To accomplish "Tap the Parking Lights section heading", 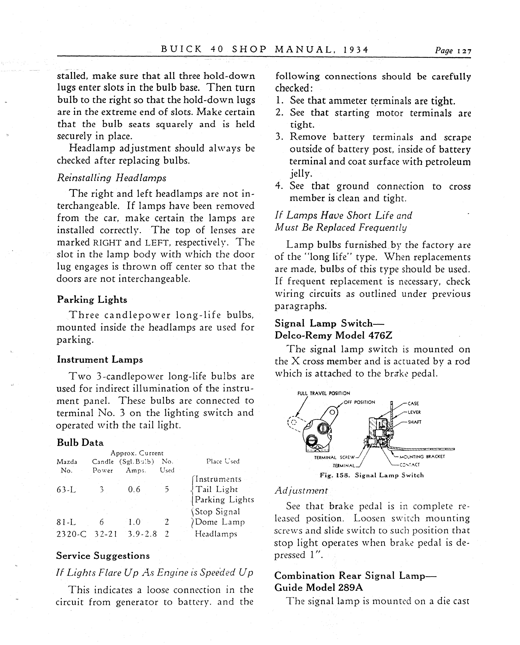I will point(92,300).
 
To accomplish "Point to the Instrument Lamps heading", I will point(100,360).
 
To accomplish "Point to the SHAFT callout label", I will point(415,422).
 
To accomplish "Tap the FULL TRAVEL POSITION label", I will point(324,393).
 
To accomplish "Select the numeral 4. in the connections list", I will point(279,186).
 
